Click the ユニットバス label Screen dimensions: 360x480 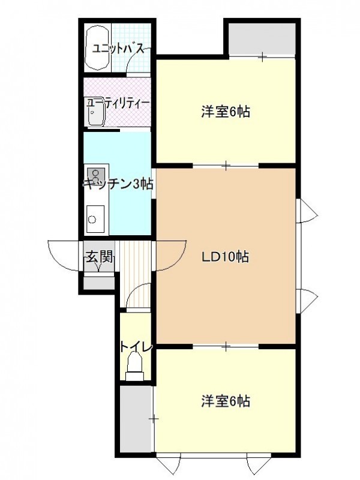click(x=118, y=49)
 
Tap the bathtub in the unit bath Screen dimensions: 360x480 click(x=97, y=49)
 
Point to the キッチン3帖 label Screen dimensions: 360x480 click(x=118, y=184)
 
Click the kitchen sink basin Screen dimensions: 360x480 click(x=95, y=218)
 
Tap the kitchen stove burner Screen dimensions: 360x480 click(x=95, y=175)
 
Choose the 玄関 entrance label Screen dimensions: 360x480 click(x=100, y=256)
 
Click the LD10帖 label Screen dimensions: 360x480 click(x=225, y=257)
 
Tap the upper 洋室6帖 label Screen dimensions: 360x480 click(x=226, y=112)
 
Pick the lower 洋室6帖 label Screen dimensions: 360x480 click(x=226, y=401)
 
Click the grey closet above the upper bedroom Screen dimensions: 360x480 click(x=262, y=39)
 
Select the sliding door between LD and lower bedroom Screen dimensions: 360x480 click(x=226, y=346)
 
